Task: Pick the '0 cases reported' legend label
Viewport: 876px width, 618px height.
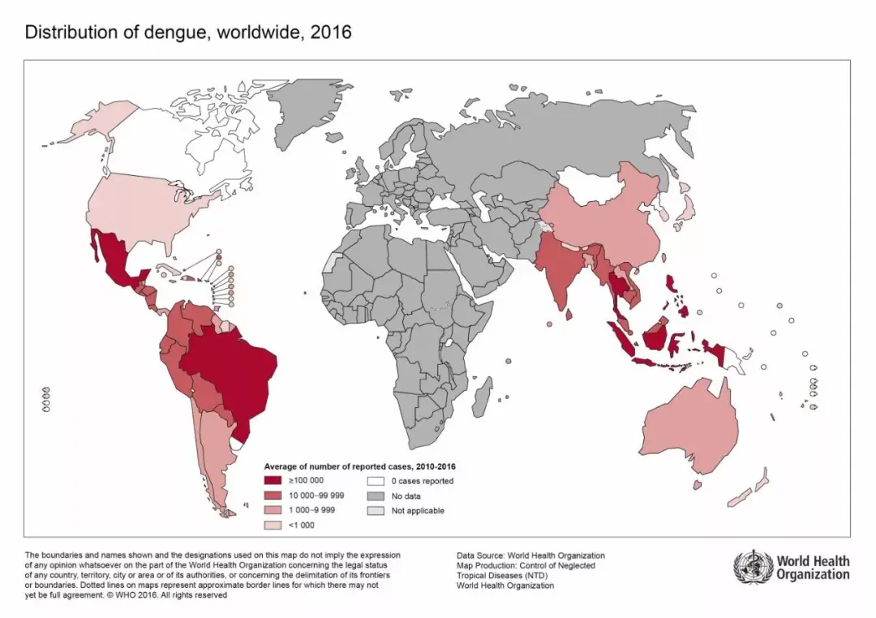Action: pos(422,481)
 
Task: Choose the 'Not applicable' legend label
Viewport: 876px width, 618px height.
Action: pos(417,511)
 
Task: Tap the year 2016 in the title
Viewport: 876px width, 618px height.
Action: pos(331,32)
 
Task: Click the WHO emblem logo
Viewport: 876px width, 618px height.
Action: pos(752,565)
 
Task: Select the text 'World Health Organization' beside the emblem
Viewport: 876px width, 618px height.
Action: pos(813,567)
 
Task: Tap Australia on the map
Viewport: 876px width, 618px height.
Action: pos(689,434)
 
